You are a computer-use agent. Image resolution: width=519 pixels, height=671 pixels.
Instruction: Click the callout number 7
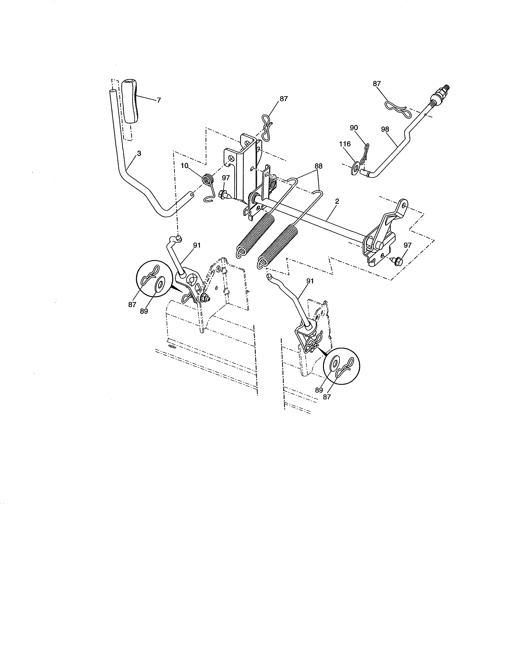click(x=159, y=100)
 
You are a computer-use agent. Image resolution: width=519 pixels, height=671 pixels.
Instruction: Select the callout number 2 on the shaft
click(x=337, y=202)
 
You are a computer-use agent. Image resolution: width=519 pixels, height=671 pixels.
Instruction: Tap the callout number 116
click(x=345, y=144)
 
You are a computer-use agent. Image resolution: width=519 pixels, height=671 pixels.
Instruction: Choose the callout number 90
click(x=354, y=127)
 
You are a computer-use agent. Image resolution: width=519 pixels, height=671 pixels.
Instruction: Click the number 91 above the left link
click(x=197, y=245)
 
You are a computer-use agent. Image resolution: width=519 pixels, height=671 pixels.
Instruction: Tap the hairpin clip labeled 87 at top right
click(x=397, y=109)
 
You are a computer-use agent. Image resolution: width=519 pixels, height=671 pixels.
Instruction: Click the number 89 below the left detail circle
click(x=144, y=311)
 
